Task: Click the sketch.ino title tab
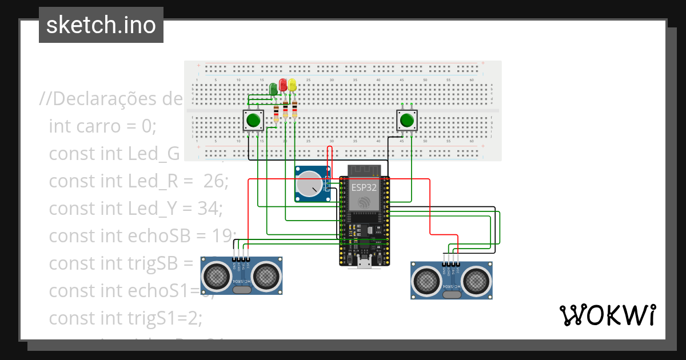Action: coord(101,25)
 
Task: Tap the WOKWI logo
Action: coord(607,315)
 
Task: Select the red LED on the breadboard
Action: coord(283,85)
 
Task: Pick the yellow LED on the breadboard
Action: coord(292,86)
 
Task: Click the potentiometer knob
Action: coord(309,185)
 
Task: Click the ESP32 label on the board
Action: coord(364,187)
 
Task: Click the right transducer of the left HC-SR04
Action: coord(266,276)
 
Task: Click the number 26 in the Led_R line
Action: coord(216,181)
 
